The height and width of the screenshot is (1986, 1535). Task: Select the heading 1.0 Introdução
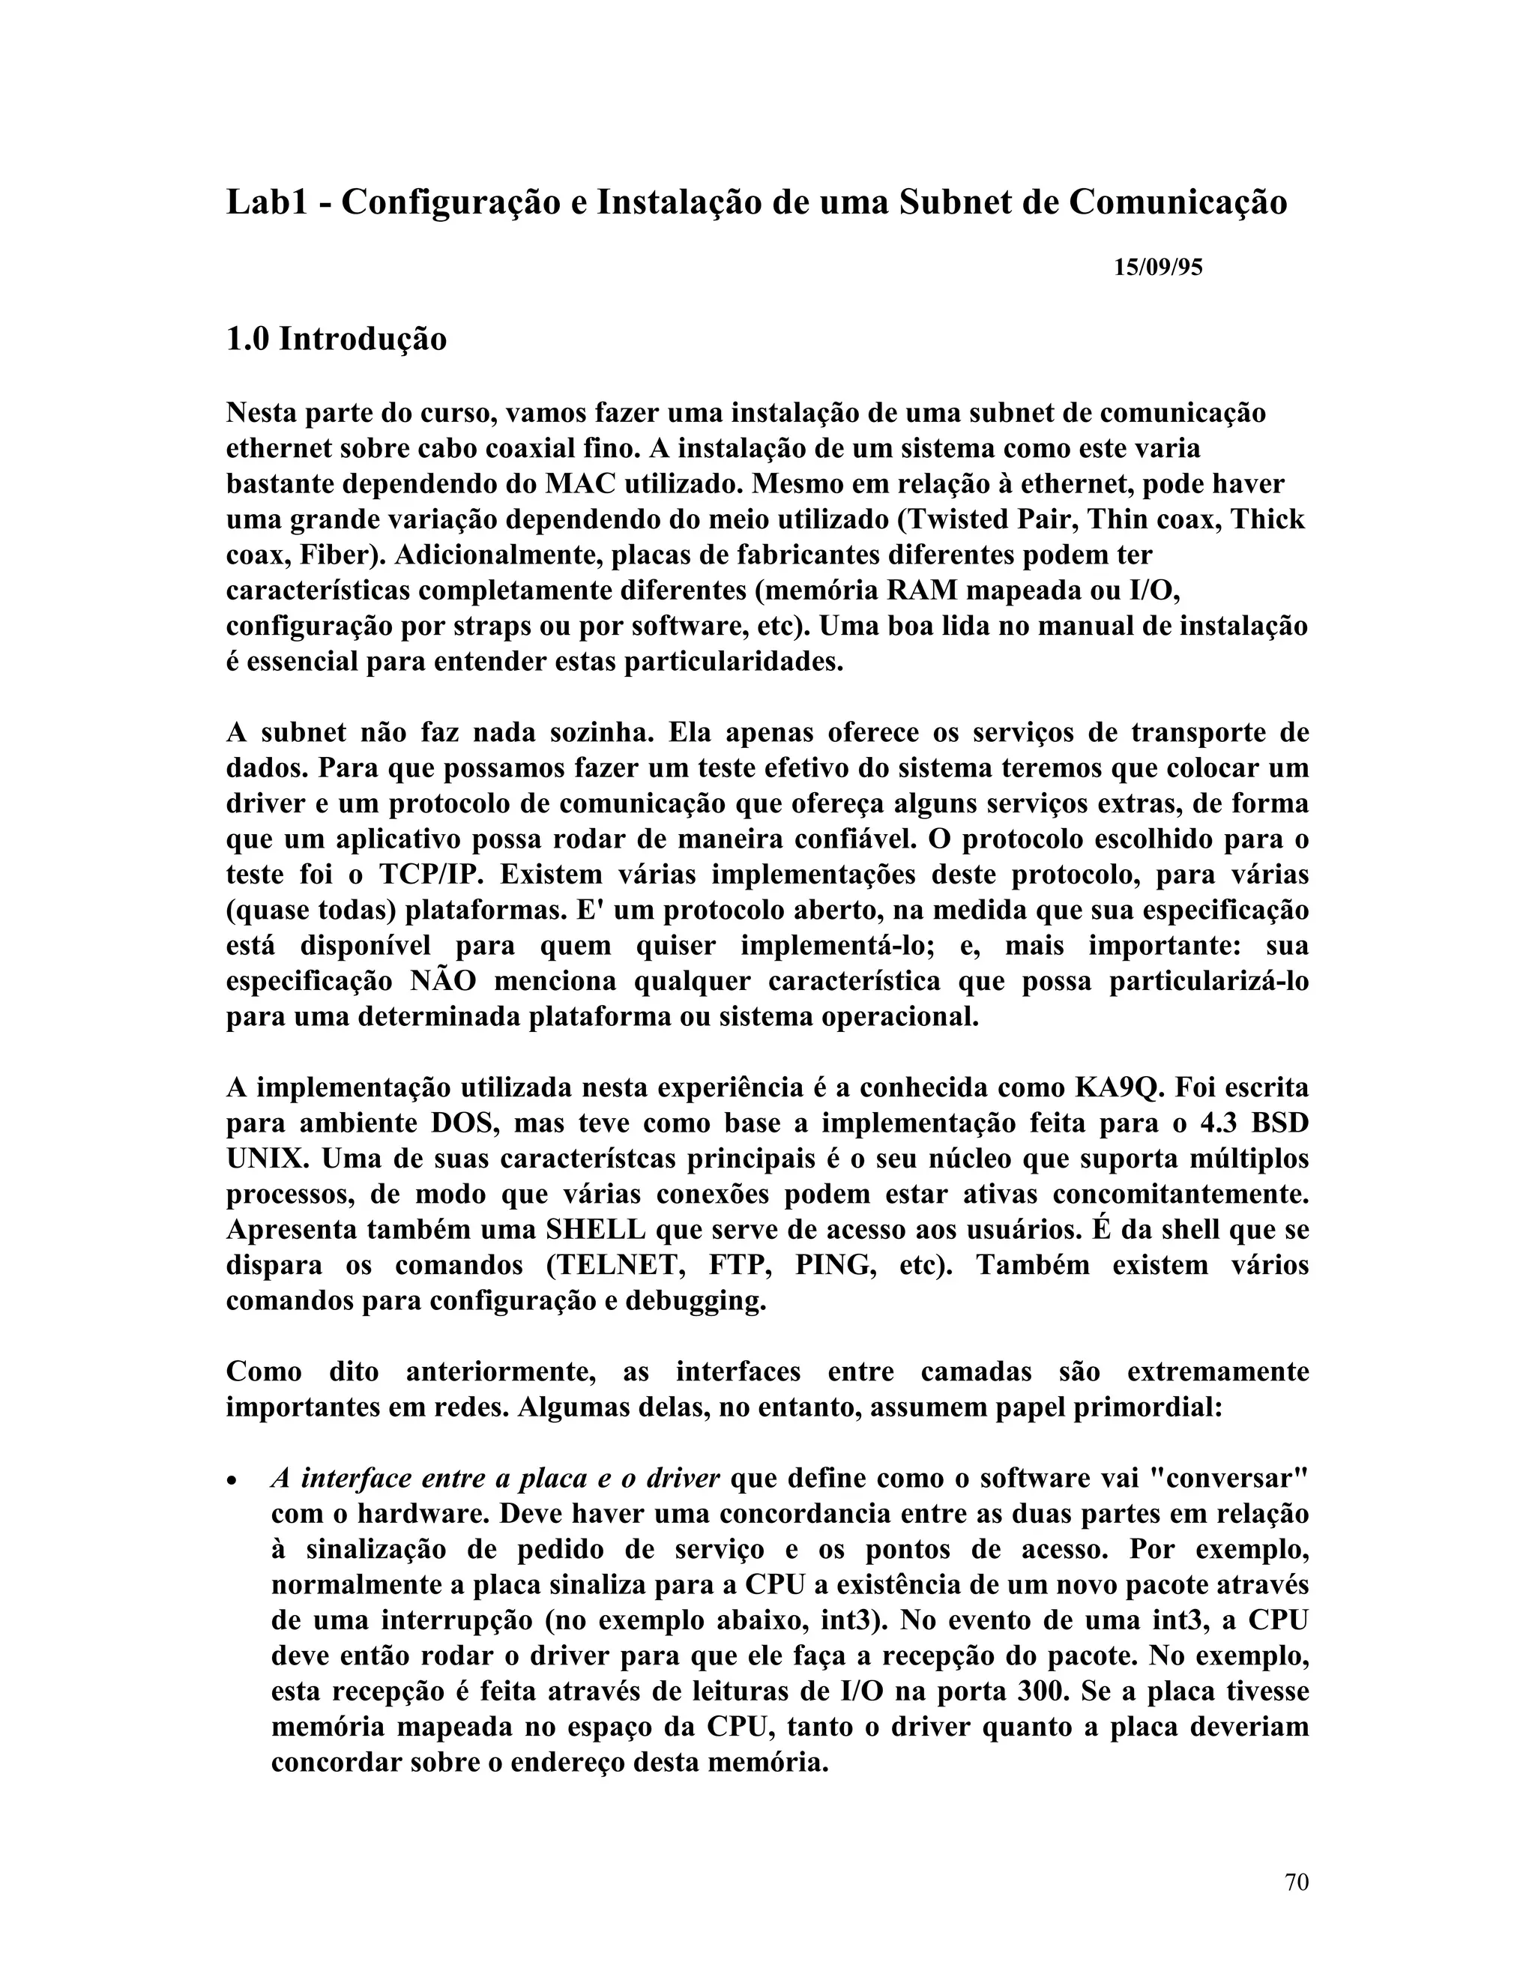pyautogui.click(x=336, y=340)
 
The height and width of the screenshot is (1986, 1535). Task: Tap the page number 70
pyautogui.click(x=1297, y=1883)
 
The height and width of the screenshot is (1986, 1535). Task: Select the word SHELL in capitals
pyautogui.click(x=596, y=1231)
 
